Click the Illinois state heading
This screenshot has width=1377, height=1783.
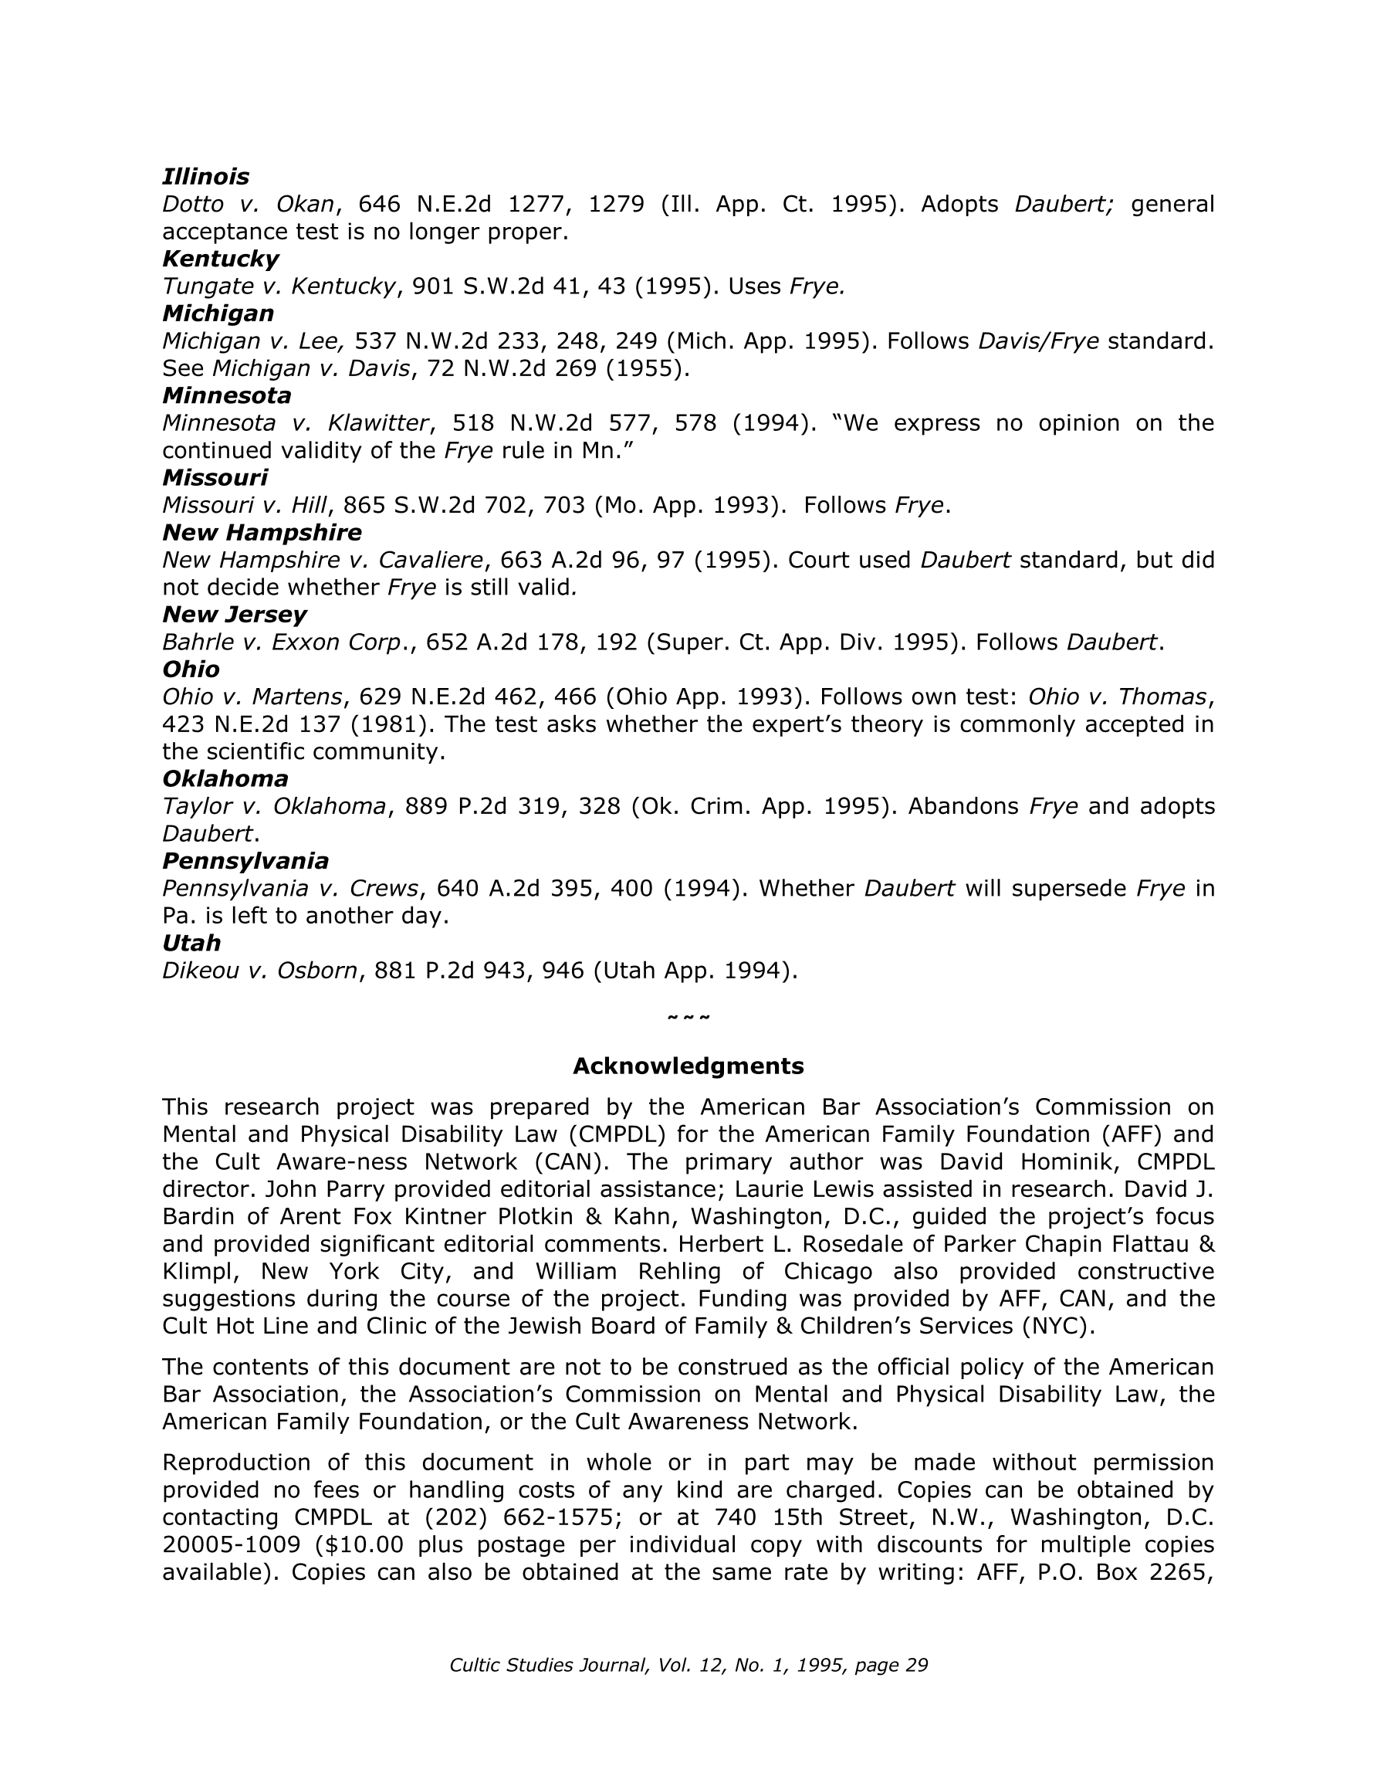pos(205,176)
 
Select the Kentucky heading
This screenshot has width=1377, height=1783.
pos(221,259)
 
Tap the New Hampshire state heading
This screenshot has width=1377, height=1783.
pos(261,532)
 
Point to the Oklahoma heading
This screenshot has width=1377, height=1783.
pos(225,778)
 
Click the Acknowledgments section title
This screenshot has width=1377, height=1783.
pos(688,1066)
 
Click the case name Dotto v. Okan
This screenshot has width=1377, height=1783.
pos(248,204)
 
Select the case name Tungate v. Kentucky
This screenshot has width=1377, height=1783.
pos(279,286)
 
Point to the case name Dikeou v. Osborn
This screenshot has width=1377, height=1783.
pos(259,970)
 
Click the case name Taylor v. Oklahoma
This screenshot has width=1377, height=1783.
pos(273,807)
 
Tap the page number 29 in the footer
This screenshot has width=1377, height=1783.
pos(917,1666)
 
